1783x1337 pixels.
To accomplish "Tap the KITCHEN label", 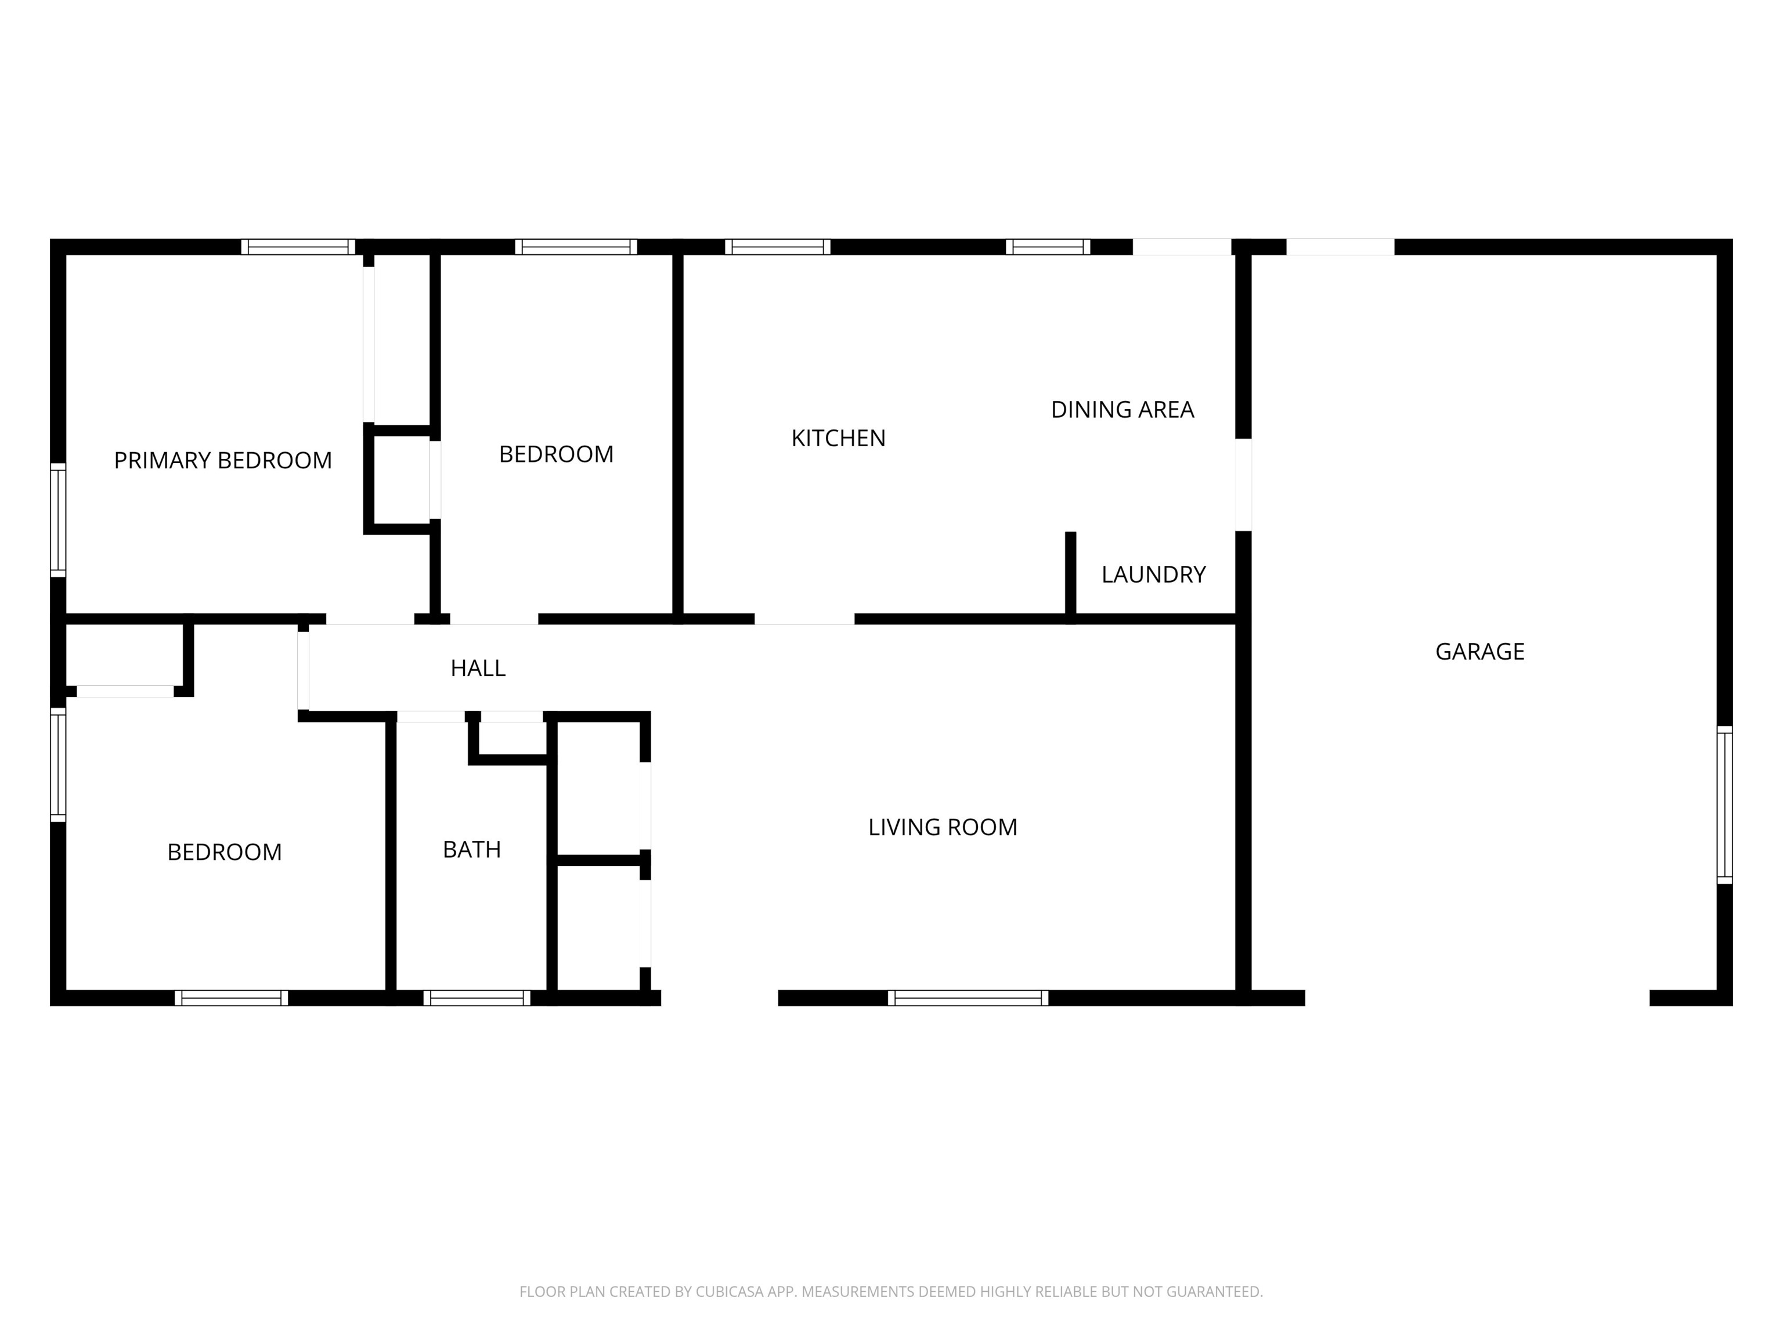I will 838,439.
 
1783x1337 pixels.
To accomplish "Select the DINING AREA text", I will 1122,410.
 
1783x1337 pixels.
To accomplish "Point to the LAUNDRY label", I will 1153,574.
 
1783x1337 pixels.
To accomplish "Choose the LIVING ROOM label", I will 942,827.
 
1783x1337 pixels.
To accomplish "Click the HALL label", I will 478,668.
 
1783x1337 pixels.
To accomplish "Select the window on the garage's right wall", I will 1724,804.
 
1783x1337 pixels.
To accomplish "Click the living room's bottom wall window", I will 968,998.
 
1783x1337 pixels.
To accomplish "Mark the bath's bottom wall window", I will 477,998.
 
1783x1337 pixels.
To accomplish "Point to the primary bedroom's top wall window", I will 298,247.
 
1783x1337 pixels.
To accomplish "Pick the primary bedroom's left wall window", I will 58,520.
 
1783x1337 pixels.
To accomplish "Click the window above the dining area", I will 1048,247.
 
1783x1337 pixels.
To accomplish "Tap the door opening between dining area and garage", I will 1244,485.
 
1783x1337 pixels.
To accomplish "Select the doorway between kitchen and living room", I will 804,619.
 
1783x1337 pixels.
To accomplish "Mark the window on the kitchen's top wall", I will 778,247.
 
